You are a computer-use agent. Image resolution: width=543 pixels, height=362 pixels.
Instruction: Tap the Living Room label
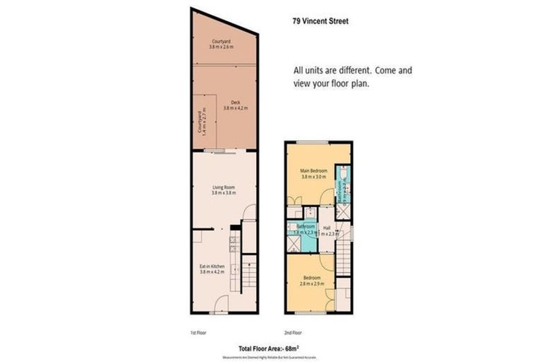click(x=223, y=187)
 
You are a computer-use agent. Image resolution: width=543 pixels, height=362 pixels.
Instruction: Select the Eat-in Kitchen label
click(x=212, y=266)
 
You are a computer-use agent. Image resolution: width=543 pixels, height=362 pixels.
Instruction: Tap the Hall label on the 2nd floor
click(x=327, y=228)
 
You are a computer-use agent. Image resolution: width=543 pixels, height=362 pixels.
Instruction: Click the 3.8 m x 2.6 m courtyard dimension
click(x=223, y=47)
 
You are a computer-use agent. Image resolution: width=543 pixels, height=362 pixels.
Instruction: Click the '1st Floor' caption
click(x=199, y=332)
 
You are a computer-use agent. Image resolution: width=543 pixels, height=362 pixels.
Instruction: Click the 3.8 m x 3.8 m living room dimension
click(x=223, y=193)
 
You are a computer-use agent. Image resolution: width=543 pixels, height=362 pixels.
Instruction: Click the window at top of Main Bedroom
click(x=312, y=143)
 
